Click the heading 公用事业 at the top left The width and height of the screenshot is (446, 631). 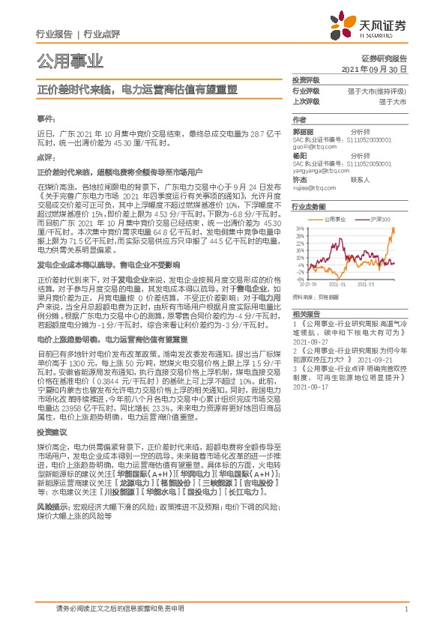(70, 61)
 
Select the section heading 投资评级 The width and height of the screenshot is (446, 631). (306, 79)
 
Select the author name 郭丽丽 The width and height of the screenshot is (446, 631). (301, 130)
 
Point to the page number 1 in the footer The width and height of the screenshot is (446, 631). (406, 609)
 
